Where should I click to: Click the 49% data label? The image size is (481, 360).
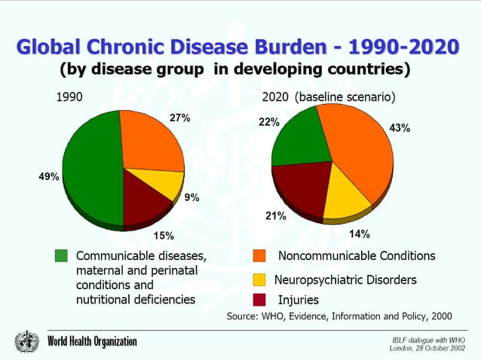pos(49,176)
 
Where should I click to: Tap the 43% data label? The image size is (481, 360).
pos(400,128)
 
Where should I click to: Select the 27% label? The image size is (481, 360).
pos(179,118)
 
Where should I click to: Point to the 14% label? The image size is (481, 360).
pos(359,233)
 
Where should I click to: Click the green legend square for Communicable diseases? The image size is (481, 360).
pos(62,256)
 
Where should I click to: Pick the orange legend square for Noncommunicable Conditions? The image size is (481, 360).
pos(259,256)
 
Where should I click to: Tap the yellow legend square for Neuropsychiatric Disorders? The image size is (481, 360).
pos(259,279)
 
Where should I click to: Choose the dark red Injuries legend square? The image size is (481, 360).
pos(259,301)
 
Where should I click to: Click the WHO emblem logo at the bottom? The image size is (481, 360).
pos(25,341)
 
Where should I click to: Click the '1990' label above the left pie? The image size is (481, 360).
pos(70,97)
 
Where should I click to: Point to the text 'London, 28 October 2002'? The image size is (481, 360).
pos(427,348)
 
